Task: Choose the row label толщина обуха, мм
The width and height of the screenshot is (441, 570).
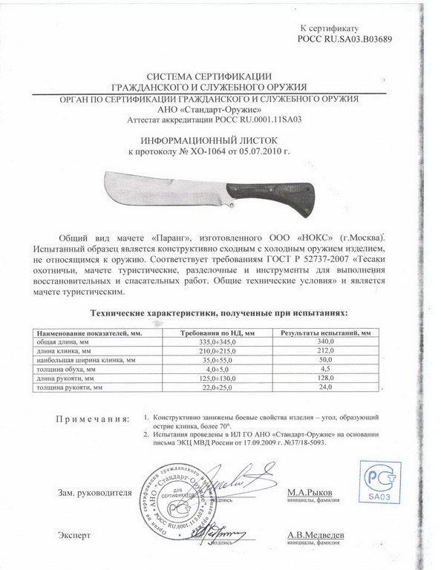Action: [68, 369]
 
